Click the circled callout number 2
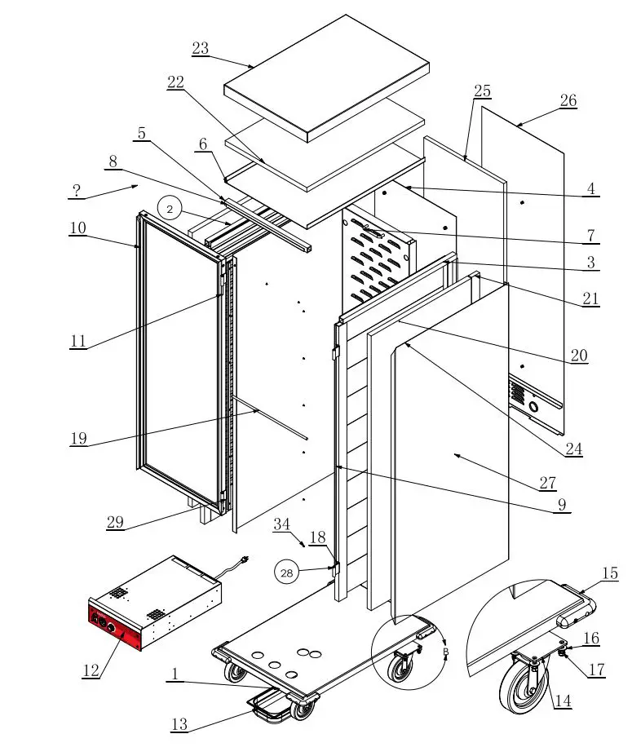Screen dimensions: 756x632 pos(170,210)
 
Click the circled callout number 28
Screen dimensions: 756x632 pos(287,573)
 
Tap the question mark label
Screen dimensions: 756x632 pos(76,192)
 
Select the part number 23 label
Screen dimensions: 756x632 pos(201,49)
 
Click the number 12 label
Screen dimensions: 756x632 pos(91,670)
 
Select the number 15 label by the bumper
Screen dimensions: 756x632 pos(610,574)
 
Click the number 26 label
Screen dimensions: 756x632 pos(568,101)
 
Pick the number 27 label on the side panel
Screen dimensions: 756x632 pos(547,484)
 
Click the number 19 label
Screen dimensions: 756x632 pos(78,439)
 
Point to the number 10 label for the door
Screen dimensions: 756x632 pos(77,228)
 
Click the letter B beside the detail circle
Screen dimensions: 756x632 pos(445,652)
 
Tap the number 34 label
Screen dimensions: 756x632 pos(281,524)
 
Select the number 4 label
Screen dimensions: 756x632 pos(591,190)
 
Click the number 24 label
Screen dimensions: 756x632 pos(574,449)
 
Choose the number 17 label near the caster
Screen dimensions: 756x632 pos(597,670)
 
